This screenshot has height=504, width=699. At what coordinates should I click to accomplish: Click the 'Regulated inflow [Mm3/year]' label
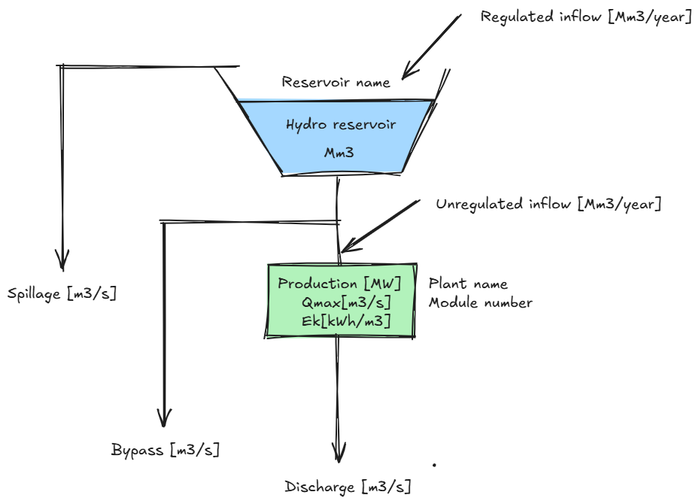click(x=586, y=17)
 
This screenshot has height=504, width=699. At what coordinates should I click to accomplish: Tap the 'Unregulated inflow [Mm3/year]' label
click(x=549, y=204)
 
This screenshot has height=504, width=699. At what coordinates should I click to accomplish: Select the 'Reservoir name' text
click(x=336, y=82)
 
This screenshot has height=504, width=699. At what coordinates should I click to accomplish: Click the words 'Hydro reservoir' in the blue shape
click(x=341, y=124)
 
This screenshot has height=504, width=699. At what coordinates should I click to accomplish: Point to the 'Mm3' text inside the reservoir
click(x=339, y=152)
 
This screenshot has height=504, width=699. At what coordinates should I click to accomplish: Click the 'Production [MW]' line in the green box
click(x=339, y=284)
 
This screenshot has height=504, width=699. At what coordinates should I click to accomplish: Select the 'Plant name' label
click(x=468, y=284)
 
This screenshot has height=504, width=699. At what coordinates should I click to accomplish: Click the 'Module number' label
click(x=481, y=303)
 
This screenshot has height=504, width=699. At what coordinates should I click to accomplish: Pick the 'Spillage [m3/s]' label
click(x=62, y=293)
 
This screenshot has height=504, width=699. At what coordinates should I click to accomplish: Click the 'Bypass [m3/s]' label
click(x=166, y=451)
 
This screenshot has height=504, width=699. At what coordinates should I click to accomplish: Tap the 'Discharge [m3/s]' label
click(x=348, y=487)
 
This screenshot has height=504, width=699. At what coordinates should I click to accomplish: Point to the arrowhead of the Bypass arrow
click(x=164, y=419)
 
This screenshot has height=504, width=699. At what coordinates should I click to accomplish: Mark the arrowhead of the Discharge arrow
click(x=339, y=454)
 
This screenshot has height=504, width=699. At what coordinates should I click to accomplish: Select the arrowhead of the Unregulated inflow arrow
click(x=345, y=247)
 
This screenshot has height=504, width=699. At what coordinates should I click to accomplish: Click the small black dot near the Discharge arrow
click(x=434, y=465)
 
